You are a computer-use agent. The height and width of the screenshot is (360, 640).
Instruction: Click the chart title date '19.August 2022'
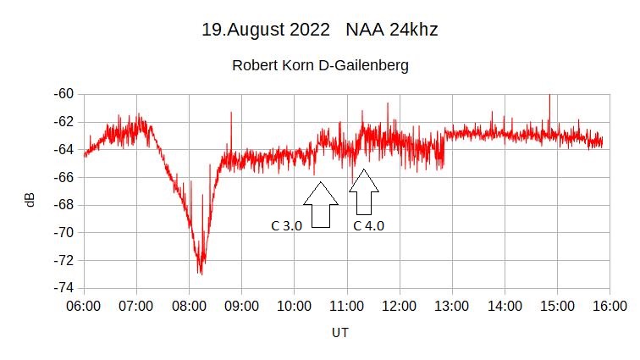pyautogui.click(x=265, y=30)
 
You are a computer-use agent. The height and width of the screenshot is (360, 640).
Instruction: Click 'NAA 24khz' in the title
pyautogui.click(x=391, y=30)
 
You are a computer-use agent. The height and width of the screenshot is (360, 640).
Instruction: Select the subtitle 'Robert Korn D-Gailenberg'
pyautogui.click(x=320, y=65)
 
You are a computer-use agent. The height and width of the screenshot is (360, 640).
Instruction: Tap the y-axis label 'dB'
pyautogui.click(x=30, y=200)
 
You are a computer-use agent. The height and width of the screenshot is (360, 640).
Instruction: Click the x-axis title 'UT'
pyautogui.click(x=339, y=333)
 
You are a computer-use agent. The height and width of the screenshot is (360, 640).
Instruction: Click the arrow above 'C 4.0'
pyautogui.click(x=364, y=192)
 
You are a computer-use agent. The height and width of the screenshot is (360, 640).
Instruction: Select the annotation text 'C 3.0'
pyautogui.click(x=286, y=226)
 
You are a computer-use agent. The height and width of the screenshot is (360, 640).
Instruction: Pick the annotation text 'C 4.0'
pyautogui.click(x=368, y=226)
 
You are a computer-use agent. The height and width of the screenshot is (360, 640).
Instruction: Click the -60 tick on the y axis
pyautogui.click(x=63, y=93)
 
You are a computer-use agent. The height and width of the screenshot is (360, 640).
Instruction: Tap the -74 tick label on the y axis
pyautogui.click(x=63, y=288)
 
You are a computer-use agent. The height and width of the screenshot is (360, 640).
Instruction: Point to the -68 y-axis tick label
pyautogui.click(x=63, y=205)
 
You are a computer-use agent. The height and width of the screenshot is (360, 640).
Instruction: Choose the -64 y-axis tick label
pyautogui.click(x=63, y=149)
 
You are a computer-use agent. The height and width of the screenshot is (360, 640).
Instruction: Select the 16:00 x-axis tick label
pyautogui.click(x=610, y=305)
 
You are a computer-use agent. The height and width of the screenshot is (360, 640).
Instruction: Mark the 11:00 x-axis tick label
pyautogui.click(x=346, y=305)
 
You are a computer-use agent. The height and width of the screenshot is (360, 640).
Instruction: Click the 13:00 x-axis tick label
pyautogui.click(x=451, y=305)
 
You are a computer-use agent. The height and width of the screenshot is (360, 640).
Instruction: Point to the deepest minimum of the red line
pyautogui.click(x=200, y=273)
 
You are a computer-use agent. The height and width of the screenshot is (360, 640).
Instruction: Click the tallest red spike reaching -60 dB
pyautogui.click(x=549, y=96)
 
